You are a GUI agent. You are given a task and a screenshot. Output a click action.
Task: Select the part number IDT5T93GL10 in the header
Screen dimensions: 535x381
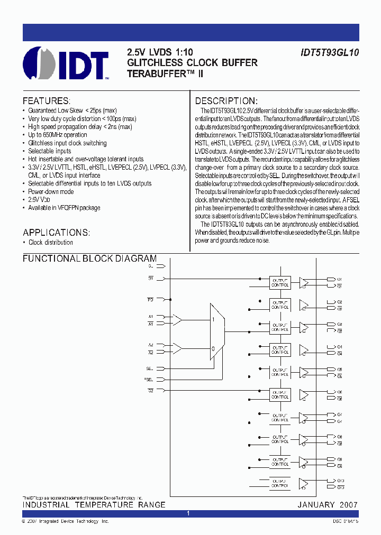pyautogui.click(x=328, y=53)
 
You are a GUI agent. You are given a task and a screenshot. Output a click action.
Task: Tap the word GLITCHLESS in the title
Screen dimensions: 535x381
pyautogui.click(x=155, y=63)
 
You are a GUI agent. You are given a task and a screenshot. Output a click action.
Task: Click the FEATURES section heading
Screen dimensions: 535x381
pyautogui.click(x=46, y=101)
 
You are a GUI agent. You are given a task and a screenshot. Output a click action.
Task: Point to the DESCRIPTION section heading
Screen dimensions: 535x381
pyautogui.click(x=226, y=101)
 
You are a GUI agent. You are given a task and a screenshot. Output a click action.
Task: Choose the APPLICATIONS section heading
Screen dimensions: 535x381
pyautogui.click(x=57, y=233)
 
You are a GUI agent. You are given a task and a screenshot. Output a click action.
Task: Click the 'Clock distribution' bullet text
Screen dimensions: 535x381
pyautogui.click(x=51, y=243)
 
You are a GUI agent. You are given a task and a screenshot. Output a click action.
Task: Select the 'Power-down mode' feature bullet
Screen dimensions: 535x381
pyautogui.click(x=51, y=191)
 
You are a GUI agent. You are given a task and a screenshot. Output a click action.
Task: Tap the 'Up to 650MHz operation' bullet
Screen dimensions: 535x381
pyautogui.click(x=58, y=135)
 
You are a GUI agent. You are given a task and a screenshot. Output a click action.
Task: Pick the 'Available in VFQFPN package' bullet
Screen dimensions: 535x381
pyautogui.click(x=64, y=208)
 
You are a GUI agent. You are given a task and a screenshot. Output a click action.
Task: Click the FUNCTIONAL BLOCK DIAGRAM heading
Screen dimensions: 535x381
pyautogui.click(x=89, y=259)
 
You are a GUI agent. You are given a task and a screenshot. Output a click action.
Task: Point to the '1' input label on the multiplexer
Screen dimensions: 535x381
pyautogui.click(x=213, y=319)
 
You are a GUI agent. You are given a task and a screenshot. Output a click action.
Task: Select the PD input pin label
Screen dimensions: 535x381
pyautogui.click(x=150, y=300)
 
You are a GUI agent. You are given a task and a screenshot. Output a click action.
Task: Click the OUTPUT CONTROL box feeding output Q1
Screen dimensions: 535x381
pyautogui.click(x=280, y=282)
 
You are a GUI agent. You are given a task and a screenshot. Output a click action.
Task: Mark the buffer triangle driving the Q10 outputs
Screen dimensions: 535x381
pyautogui.click(x=304, y=483)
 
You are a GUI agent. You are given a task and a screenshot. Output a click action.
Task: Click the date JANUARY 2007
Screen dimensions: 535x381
pyautogui.click(x=328, y=505)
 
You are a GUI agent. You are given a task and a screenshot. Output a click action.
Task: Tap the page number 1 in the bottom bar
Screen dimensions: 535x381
pyautogui.click(x=188, y=514)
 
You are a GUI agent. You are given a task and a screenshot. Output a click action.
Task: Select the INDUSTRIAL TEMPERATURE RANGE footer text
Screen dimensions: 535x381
pyautogui.click(x=94, y=505)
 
